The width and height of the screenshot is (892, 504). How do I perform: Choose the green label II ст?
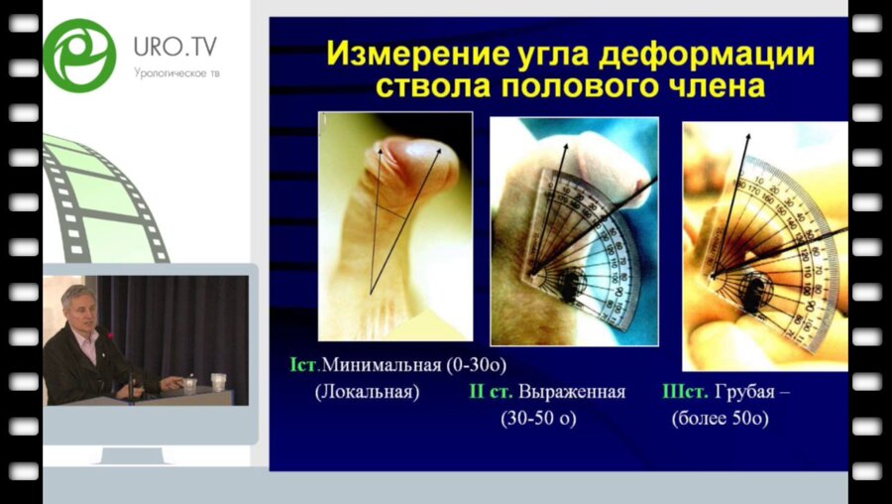point(490,391)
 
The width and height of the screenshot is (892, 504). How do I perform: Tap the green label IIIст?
point(683,391)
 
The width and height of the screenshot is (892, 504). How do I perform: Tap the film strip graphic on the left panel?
point(104,198)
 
